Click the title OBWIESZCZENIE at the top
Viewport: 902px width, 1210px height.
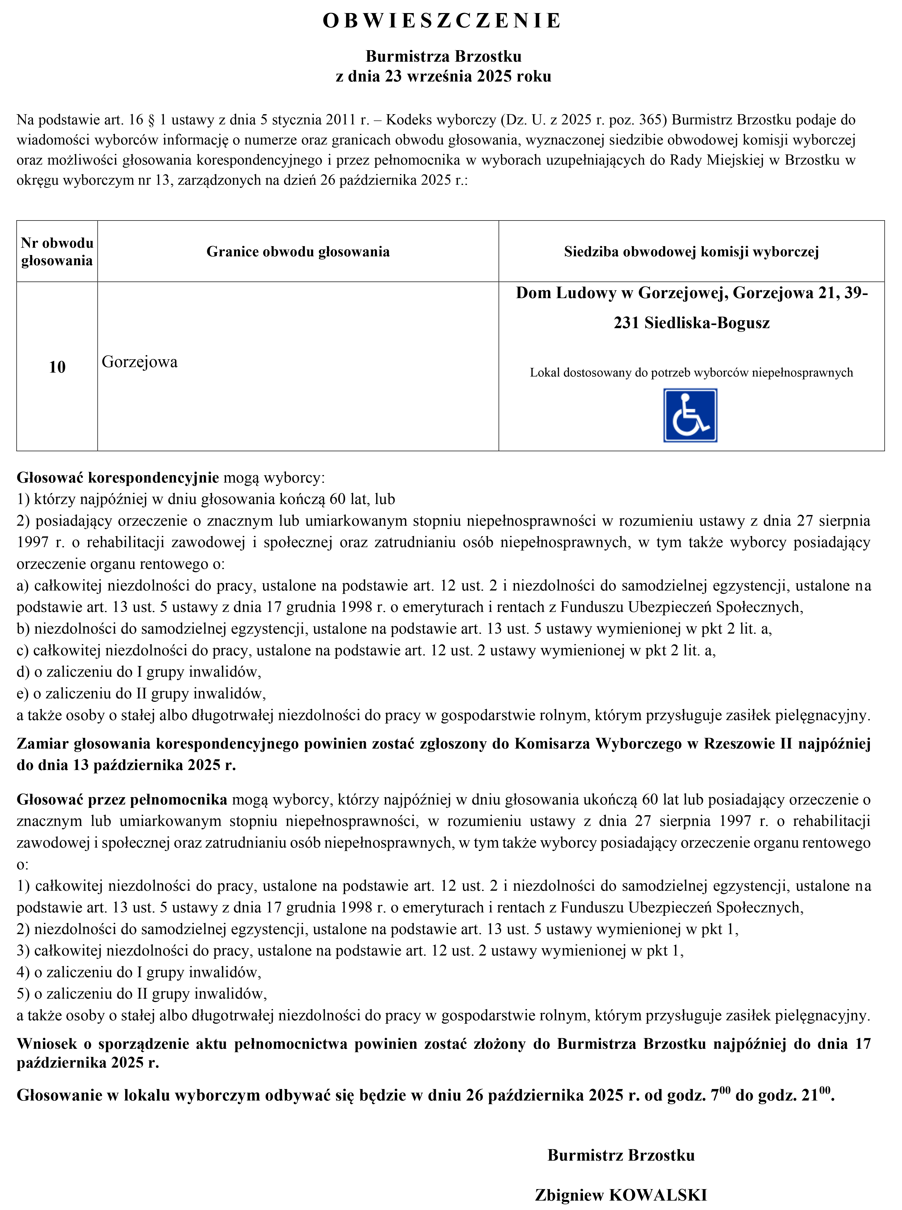442,21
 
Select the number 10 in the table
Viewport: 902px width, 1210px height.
57,367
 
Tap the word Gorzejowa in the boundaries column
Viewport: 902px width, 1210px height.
140,362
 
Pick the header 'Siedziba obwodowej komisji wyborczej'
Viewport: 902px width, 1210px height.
691,252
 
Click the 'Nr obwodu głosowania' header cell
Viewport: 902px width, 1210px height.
57,252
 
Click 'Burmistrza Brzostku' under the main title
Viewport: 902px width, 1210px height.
443,56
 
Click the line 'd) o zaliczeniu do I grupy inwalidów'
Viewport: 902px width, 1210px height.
139,671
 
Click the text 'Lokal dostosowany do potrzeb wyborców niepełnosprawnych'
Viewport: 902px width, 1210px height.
691,373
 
